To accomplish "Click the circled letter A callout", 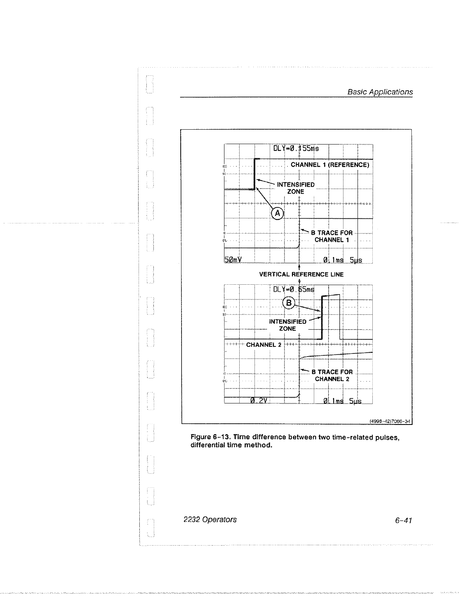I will pyautogui.click(x=277, y=213).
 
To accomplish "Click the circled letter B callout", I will pyautogui.click(x=288, y=303).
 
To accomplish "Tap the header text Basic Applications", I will pyautogui.click(x=380, y=92).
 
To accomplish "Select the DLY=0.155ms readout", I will pyautogui.click(x=296, y=148).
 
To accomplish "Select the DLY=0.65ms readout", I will pyautogui.click(x=294, y=289).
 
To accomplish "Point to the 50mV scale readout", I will pyautogui.click(x=233, y=260).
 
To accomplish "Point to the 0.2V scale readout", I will pyautogui.click(x=258, y=400).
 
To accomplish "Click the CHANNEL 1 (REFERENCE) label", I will pyautogui.click(x=330, y=165).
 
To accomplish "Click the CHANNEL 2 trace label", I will pyautogui.click(x=263, y=345).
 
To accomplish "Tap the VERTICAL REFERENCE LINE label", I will pyautogui.click(x=301, y=275).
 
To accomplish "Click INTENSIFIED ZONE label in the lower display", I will pyautogui.click(x=288, y=325).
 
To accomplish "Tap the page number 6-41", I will pyautogui.click(x=404, y=520).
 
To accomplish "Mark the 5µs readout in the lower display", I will pyautogui.click(x=355, y=401).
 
